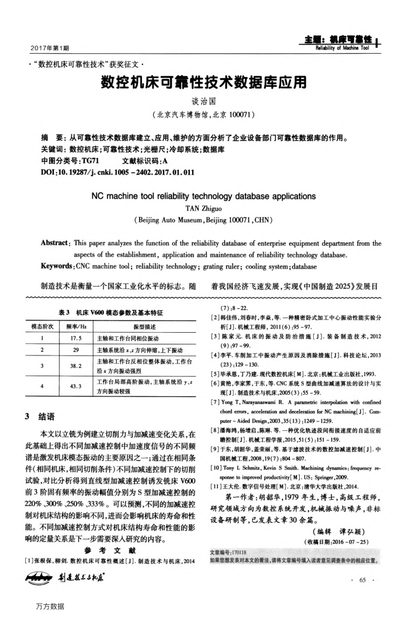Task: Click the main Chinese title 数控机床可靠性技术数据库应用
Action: pos(204,85)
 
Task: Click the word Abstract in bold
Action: pos(56,243)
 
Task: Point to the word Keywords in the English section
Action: pos(59,266)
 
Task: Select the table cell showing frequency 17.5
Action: pos(73,338)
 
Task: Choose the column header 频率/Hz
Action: pos(73,327)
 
